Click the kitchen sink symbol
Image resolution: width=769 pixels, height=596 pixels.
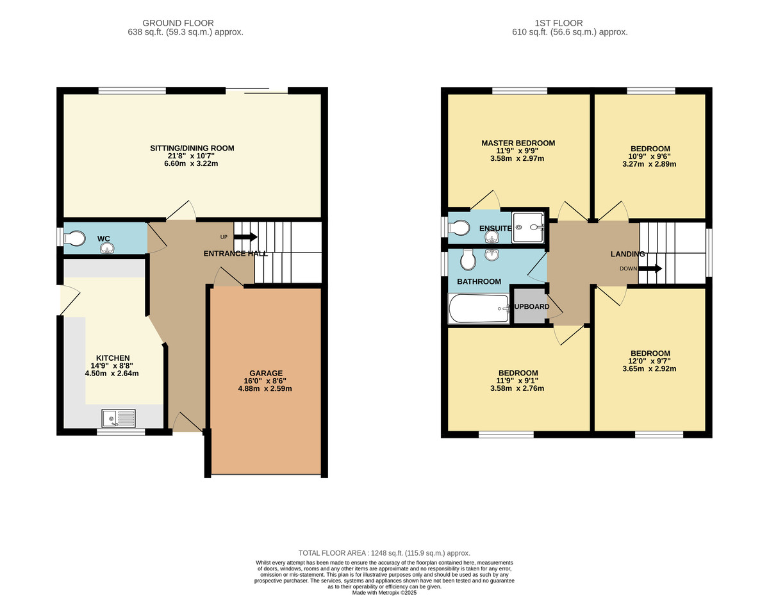119,419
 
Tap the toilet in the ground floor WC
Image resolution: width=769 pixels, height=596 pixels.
74,238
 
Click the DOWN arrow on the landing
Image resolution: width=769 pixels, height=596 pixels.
649,269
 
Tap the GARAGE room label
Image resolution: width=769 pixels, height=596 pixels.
266,373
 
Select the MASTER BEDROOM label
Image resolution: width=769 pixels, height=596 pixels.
518,143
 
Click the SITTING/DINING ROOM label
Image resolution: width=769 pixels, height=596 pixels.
192,148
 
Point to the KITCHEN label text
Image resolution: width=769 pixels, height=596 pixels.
113,358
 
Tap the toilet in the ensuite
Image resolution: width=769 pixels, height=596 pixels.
459,228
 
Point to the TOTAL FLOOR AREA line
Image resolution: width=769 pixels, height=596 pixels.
384,553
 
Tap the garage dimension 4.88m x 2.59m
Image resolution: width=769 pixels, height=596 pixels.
266,388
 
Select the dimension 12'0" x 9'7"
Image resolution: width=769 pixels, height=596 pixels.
650,361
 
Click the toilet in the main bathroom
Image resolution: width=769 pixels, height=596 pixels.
468,259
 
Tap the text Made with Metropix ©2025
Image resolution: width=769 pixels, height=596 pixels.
384,593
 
